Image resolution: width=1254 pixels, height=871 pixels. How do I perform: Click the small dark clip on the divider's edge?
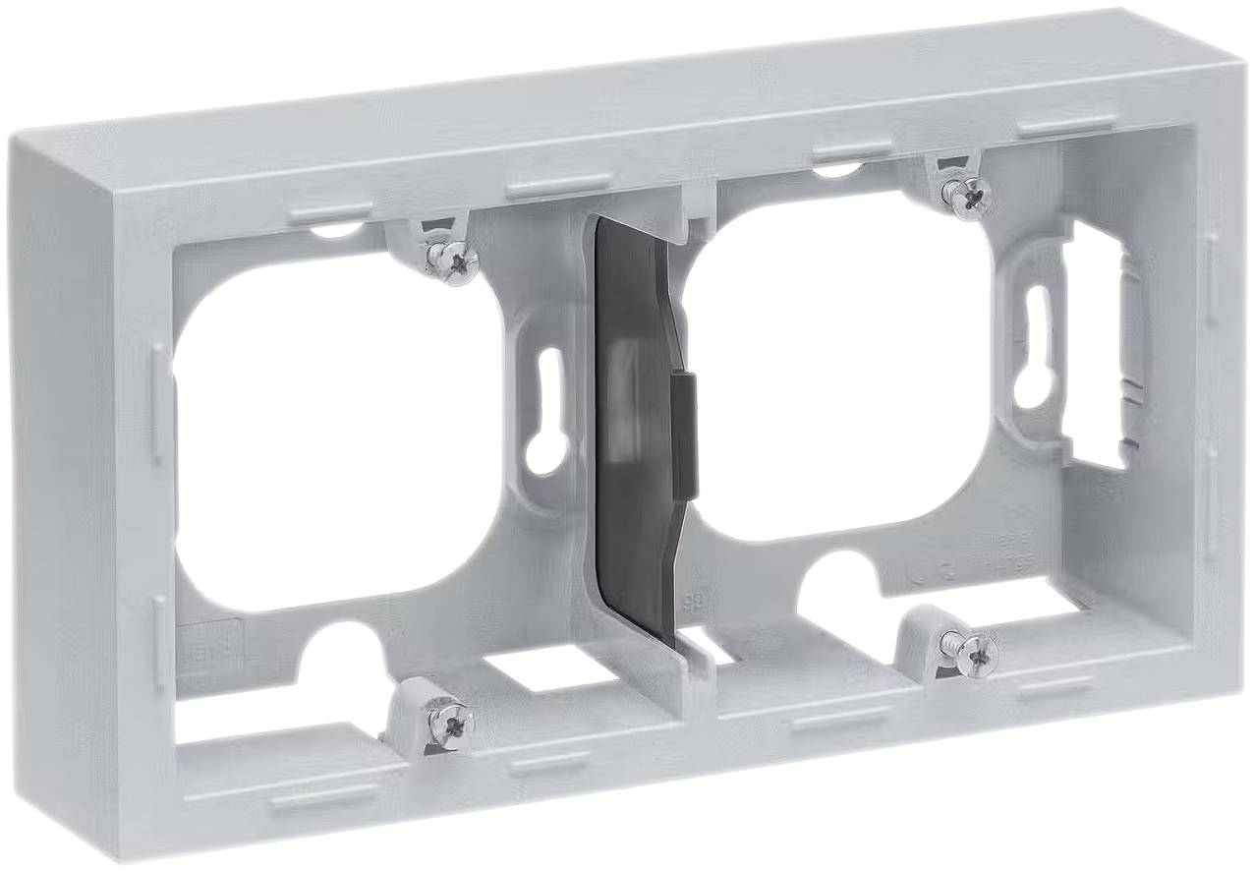(x=684, y=433)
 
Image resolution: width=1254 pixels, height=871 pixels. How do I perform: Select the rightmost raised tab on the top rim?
(x=1066, y=126)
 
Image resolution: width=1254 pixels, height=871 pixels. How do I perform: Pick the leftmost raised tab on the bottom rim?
(x=323, y=793)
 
